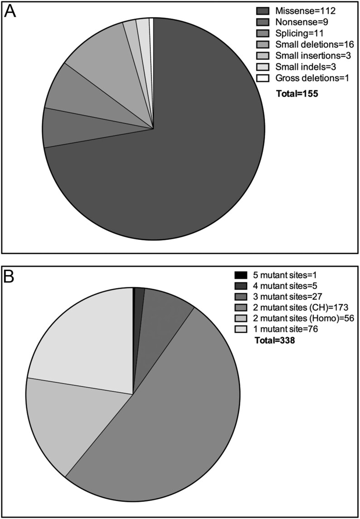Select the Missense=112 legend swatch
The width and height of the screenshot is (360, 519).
263,10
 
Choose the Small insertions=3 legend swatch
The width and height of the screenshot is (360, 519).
263,56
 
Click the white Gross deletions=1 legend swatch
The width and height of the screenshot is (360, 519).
263,78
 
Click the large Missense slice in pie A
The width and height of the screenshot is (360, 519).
172,172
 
